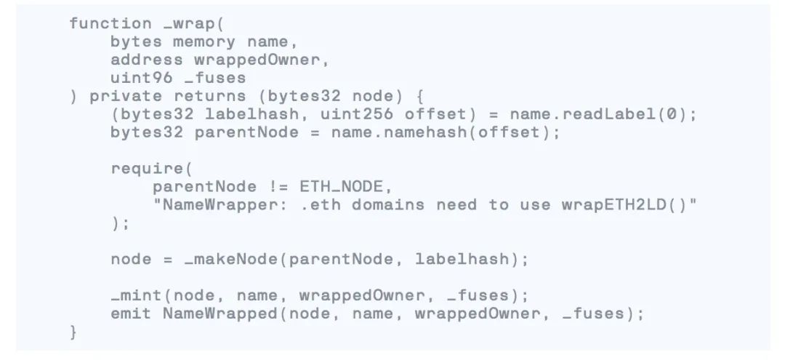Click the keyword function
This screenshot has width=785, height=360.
[110, 23]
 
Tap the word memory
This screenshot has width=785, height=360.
[204, 42]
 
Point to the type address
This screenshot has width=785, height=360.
[147, 60]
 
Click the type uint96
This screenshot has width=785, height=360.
[142, 78]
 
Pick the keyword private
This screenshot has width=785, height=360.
[126, 96]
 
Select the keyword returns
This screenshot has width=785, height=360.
[210, 96]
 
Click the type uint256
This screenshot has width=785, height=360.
[356, 114]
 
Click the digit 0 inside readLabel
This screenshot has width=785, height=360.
[667, 114]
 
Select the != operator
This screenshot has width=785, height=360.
[278, 187]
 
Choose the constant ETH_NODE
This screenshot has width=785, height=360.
[340, 187]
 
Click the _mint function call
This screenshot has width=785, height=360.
[136, 295]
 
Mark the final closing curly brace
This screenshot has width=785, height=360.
[74, 332]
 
